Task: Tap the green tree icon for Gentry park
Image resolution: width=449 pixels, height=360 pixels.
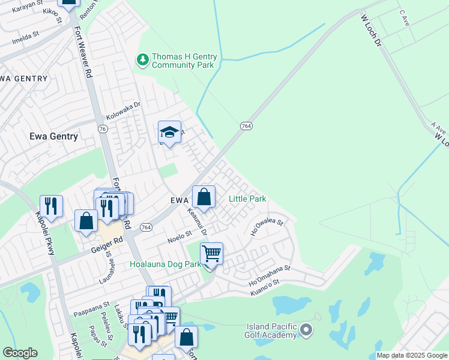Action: [x=143, y=59]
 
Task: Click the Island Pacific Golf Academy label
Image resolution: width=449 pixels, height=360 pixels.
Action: [x=272, y=331]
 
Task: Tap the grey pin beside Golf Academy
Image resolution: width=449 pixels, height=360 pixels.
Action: [x=307, y=330]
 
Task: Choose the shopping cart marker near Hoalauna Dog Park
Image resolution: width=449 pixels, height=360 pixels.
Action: [x=211, y=254]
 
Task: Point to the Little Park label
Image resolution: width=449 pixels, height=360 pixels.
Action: [x=247, y=199]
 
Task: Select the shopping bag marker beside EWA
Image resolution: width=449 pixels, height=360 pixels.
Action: [x=204, y=197]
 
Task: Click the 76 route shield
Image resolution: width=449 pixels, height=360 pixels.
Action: [x=103, y=129]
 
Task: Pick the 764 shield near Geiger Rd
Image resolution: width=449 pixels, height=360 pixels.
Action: [x=146, y=227]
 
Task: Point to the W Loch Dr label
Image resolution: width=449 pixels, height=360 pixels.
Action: [x=370, y=32]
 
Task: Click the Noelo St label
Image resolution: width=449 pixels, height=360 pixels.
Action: [x=179, y=236]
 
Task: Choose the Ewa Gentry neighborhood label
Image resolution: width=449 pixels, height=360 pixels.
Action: [x=54, y=136]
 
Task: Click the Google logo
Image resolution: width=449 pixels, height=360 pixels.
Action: [x=20, y=353]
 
